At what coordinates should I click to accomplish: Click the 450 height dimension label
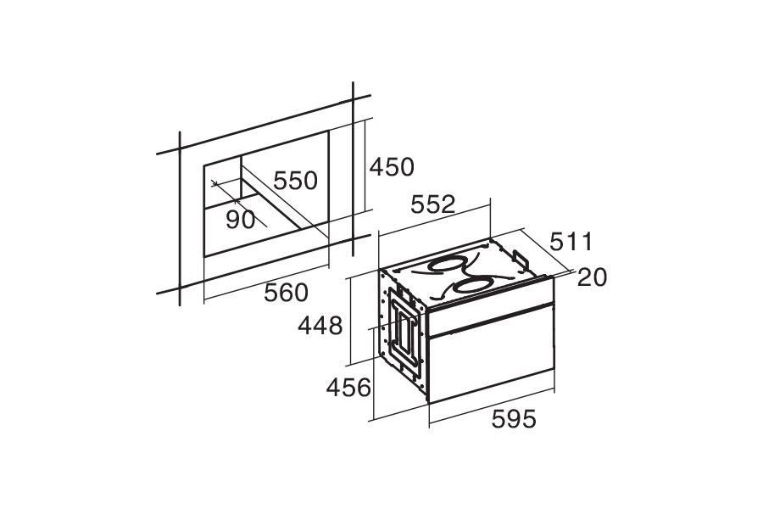392,167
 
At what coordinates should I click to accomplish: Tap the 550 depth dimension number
295,180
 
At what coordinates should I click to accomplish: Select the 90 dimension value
241,221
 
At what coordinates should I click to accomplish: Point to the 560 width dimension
287,293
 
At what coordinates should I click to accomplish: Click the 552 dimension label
433,204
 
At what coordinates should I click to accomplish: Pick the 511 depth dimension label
571,242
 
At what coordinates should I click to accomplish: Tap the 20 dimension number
593,277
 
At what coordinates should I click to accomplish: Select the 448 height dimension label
320,326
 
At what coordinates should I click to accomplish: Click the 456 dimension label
348,388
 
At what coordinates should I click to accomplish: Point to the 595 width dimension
514,419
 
